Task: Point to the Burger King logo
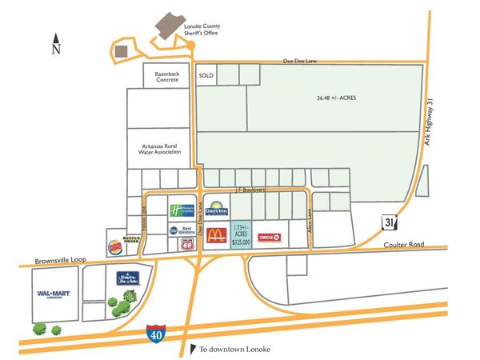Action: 114,246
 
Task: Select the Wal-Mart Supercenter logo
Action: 54,295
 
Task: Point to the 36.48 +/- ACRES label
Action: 335,98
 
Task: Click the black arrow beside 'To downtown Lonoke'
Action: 192,347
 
